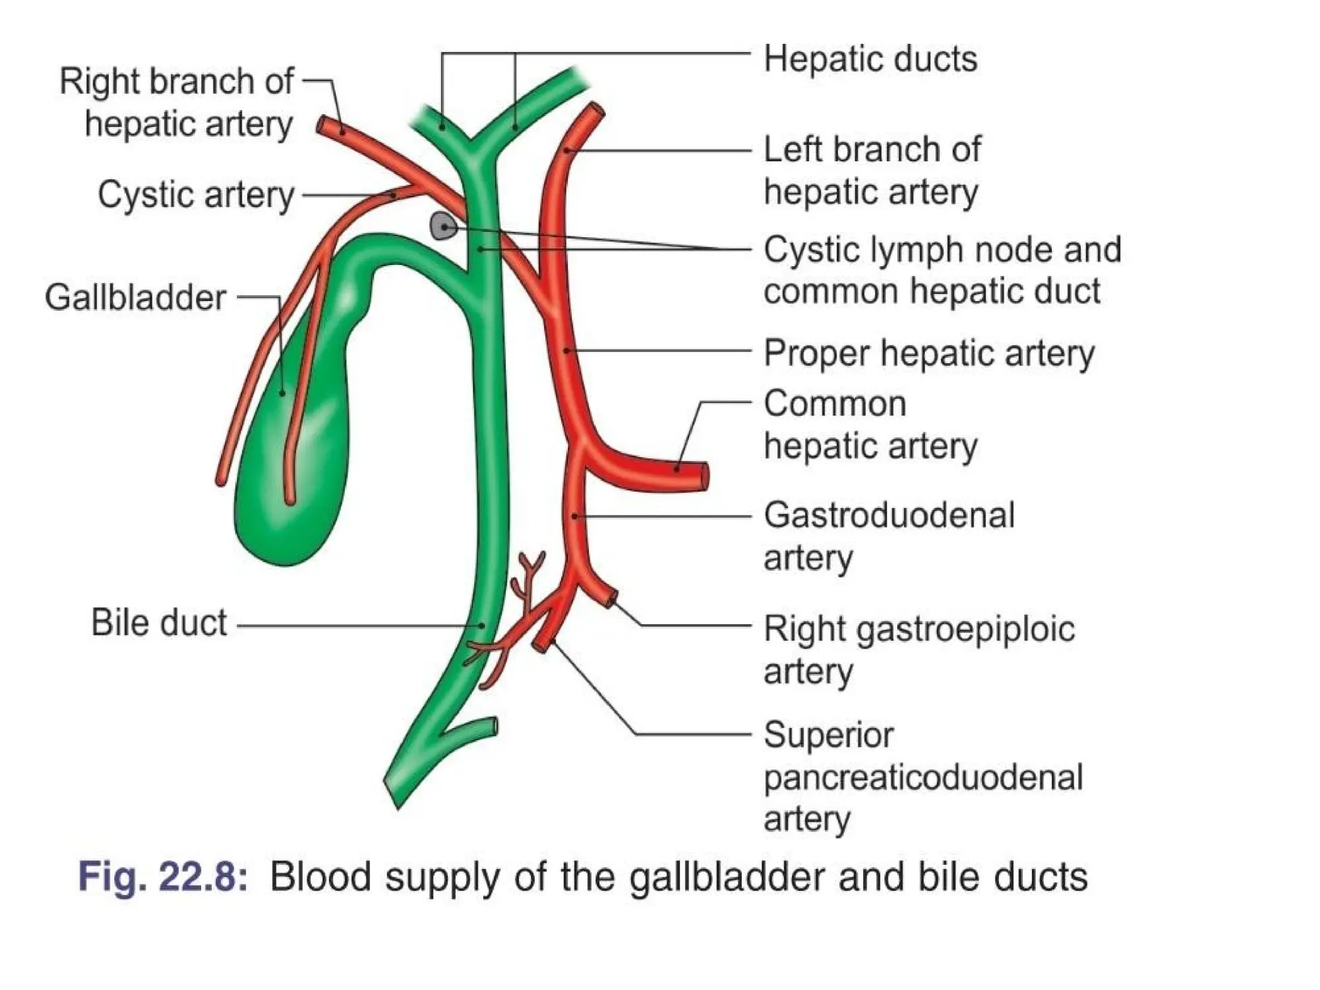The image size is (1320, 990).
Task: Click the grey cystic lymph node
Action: click(443, 226)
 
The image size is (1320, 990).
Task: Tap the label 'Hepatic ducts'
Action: click(869, 59)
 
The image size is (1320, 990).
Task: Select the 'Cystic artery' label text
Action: click(196, 195)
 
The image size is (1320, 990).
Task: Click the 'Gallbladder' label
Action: click(135, 298)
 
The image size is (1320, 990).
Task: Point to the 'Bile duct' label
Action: click(159, 623)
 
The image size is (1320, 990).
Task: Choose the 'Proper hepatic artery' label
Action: click(929, 353)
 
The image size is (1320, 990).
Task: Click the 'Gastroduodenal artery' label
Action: click(888, 536)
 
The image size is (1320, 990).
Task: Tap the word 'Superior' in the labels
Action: click(828, 735)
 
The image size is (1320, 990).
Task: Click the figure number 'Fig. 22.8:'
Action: click(162, 877)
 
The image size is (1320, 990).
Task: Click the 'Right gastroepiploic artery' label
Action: click(918, 650)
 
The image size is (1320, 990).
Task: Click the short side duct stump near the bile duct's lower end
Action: click(491, 726)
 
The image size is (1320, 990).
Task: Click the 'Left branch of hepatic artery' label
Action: click(871, 171)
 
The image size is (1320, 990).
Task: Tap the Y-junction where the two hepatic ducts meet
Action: click(474, 146)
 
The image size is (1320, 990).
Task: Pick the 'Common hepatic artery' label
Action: click(869, 425)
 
